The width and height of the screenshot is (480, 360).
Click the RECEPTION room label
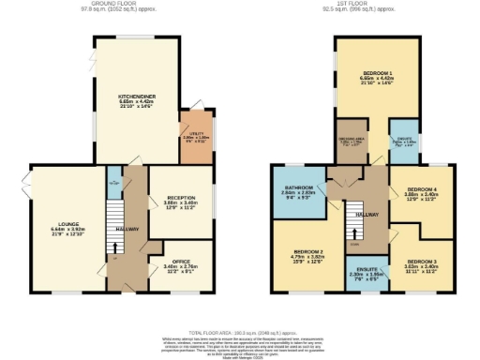pyautogui.click(x=178, y=200)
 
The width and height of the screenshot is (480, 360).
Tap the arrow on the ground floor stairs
pyautogui.click(x=115, y=247)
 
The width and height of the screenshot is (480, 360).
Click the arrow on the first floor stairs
pyautogui.click(x=356, y=233)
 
